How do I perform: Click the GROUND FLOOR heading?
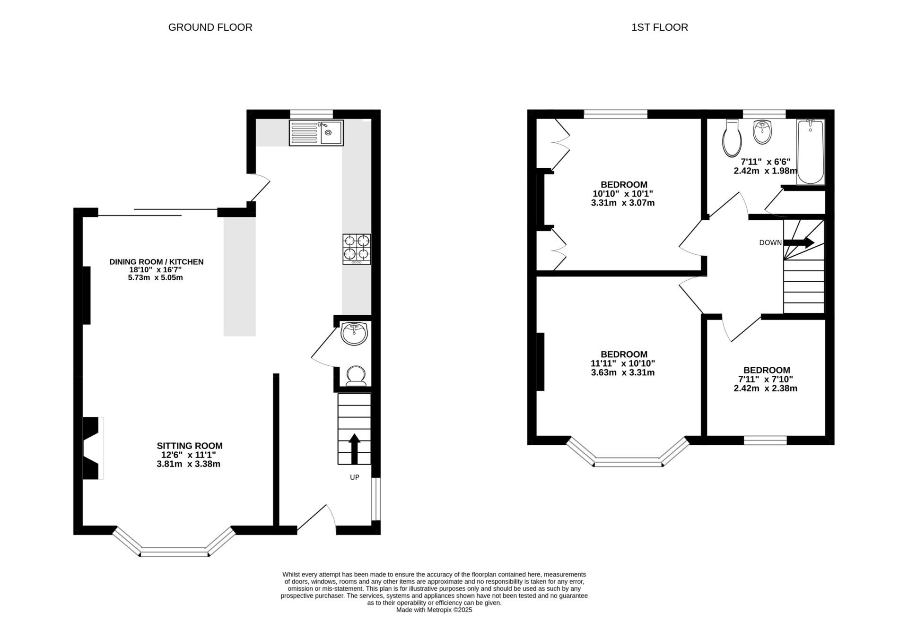tap(210, 27)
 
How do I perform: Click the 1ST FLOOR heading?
tap(659, 27)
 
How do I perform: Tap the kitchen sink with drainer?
tap(316, 133)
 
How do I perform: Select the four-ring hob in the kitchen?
tap(357, 249)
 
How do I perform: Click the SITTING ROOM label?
tap(189, 446)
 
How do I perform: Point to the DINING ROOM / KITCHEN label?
tap(156, 262)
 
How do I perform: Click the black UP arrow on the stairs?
tap(354, 449)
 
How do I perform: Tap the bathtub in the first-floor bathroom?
tap(810, 152)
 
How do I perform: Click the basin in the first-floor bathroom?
tap(762, 132)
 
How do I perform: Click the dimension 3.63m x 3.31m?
tap(623, 372)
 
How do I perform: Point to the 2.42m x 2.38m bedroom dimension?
tap(765, 388)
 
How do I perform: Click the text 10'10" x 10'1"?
tap(623, 194)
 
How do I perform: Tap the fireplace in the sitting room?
tap(93, 448)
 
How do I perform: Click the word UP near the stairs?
tap(354, 477)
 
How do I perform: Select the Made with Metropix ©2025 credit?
tap(434, 610)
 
